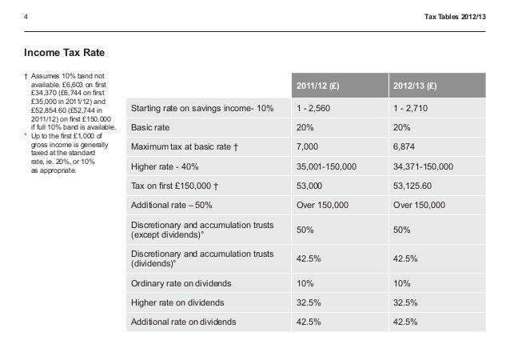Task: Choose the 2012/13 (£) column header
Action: click(x=415, y=86)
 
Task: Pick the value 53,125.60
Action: click(x=414, y=186)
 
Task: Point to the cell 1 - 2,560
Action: click(x=315, y=108)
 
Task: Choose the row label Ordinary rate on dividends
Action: click(x=182, y=283)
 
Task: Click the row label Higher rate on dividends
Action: click(x=177, y=302)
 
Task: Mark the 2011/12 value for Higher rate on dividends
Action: click(x=309, y=302)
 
